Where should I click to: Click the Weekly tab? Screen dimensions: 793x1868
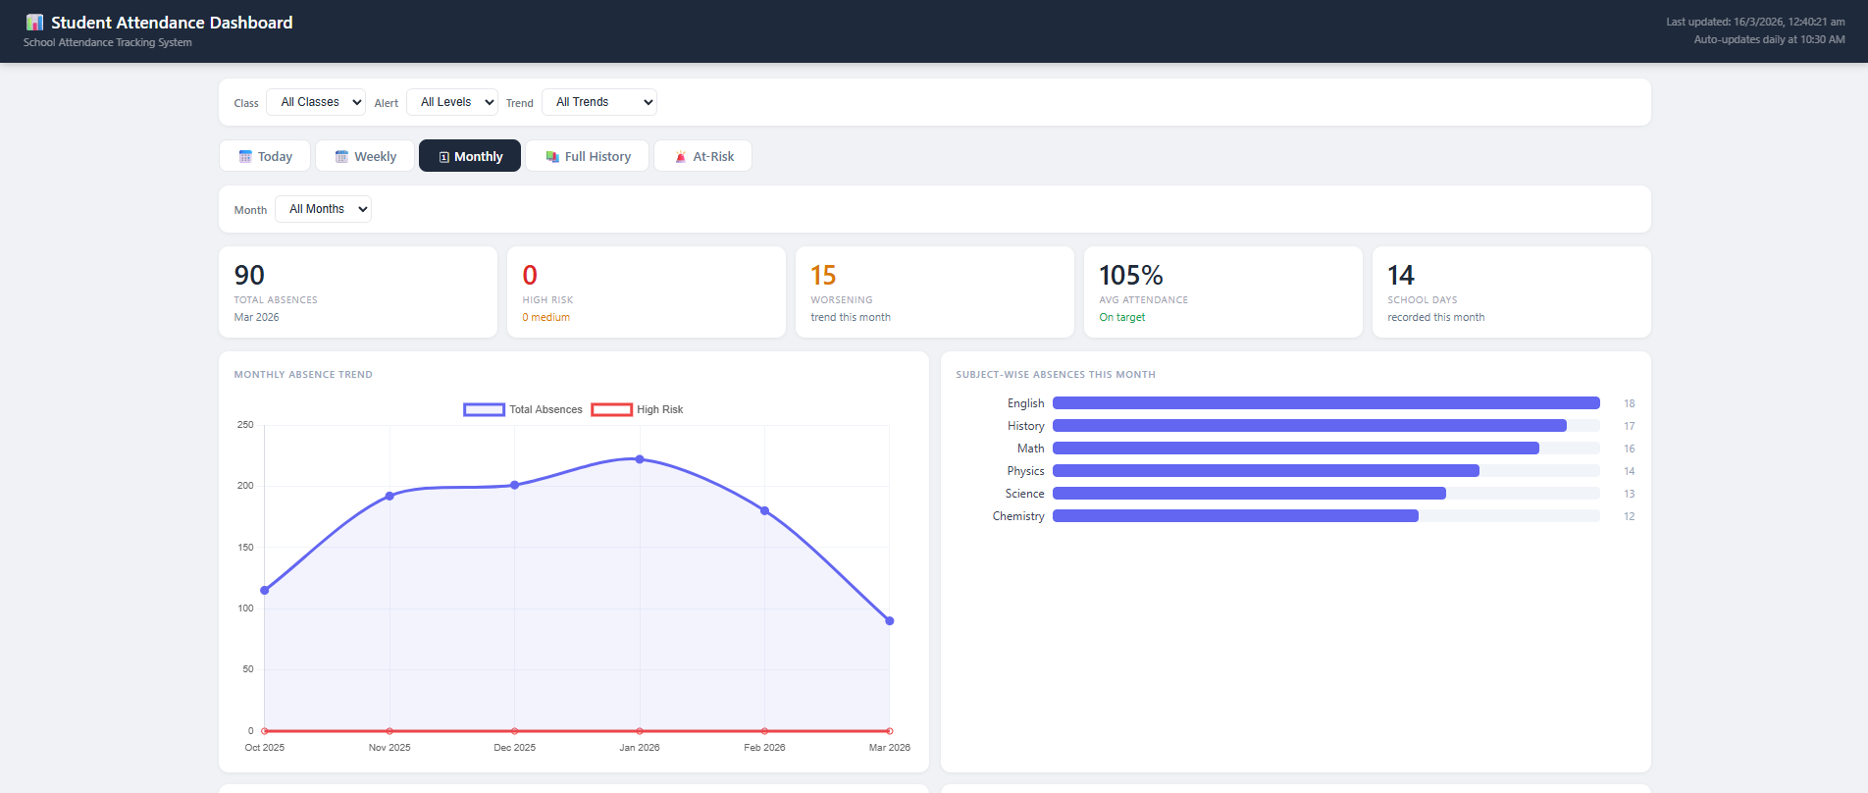[365, 156]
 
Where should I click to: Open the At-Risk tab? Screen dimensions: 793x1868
[702, 156]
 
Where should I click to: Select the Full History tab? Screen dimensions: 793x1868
[587, 156]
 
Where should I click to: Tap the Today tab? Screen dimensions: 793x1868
[265, 156]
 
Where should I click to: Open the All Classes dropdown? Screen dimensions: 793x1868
[316, 102]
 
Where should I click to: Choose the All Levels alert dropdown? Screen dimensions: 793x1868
[452, 102]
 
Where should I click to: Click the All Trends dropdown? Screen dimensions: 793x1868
[599, 102]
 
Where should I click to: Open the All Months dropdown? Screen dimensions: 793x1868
[323, 209]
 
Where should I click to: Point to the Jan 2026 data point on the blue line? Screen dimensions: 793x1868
[640, 459]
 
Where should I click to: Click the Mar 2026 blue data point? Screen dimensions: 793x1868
[890, 620]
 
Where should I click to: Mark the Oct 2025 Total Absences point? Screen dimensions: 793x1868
[265, 590]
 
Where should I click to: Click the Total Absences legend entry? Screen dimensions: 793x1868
[523, 409]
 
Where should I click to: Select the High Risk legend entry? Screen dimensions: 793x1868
[638, 409]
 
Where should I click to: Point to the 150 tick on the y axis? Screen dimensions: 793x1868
[245, 548]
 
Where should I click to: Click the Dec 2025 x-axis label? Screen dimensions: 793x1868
[514, 748]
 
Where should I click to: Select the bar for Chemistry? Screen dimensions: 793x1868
[1235, 516]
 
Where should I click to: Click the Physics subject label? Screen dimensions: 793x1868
[1025, 471]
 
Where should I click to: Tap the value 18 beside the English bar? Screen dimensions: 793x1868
[1629, 403]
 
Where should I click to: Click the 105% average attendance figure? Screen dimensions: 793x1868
[1130, 276]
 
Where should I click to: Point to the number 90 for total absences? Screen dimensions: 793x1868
[249, 276]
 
